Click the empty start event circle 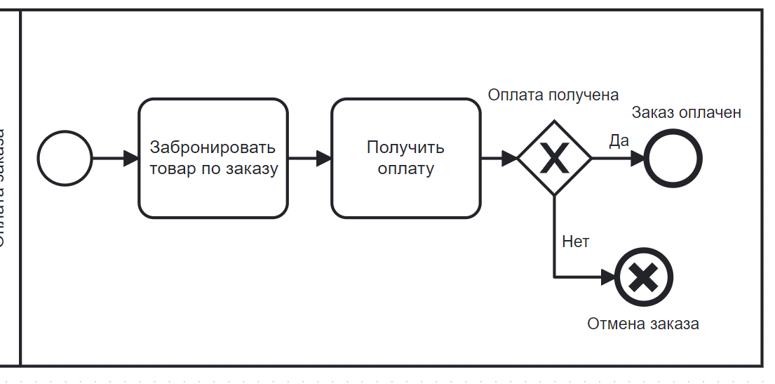65,158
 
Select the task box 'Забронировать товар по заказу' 213,158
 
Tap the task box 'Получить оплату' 405,158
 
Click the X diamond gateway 554,158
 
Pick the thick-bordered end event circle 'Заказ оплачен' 673,158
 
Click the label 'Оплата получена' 553,95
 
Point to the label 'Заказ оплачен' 686,112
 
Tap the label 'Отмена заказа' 643,324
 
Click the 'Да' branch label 619,140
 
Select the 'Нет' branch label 575,242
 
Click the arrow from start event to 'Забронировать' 112,158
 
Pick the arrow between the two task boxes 309,158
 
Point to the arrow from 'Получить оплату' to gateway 498,158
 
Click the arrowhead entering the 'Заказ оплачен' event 637,158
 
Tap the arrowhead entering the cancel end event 607,277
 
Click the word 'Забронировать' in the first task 213,148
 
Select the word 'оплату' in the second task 405,168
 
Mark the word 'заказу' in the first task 253,168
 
